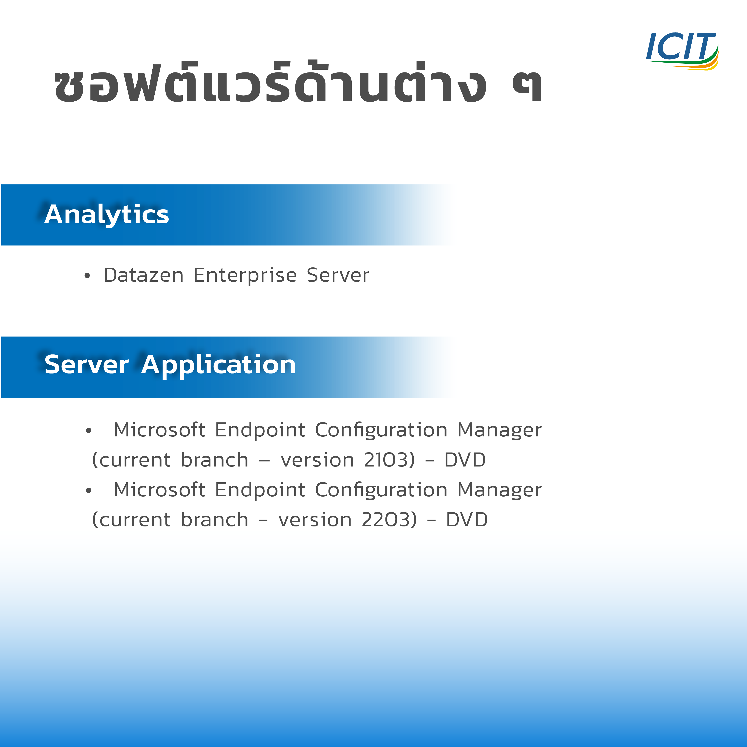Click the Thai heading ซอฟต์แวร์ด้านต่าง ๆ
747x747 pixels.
tap(298, 82)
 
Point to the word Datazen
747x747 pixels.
tap(143, 275)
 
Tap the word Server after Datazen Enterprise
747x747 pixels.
tap(338, 275)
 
